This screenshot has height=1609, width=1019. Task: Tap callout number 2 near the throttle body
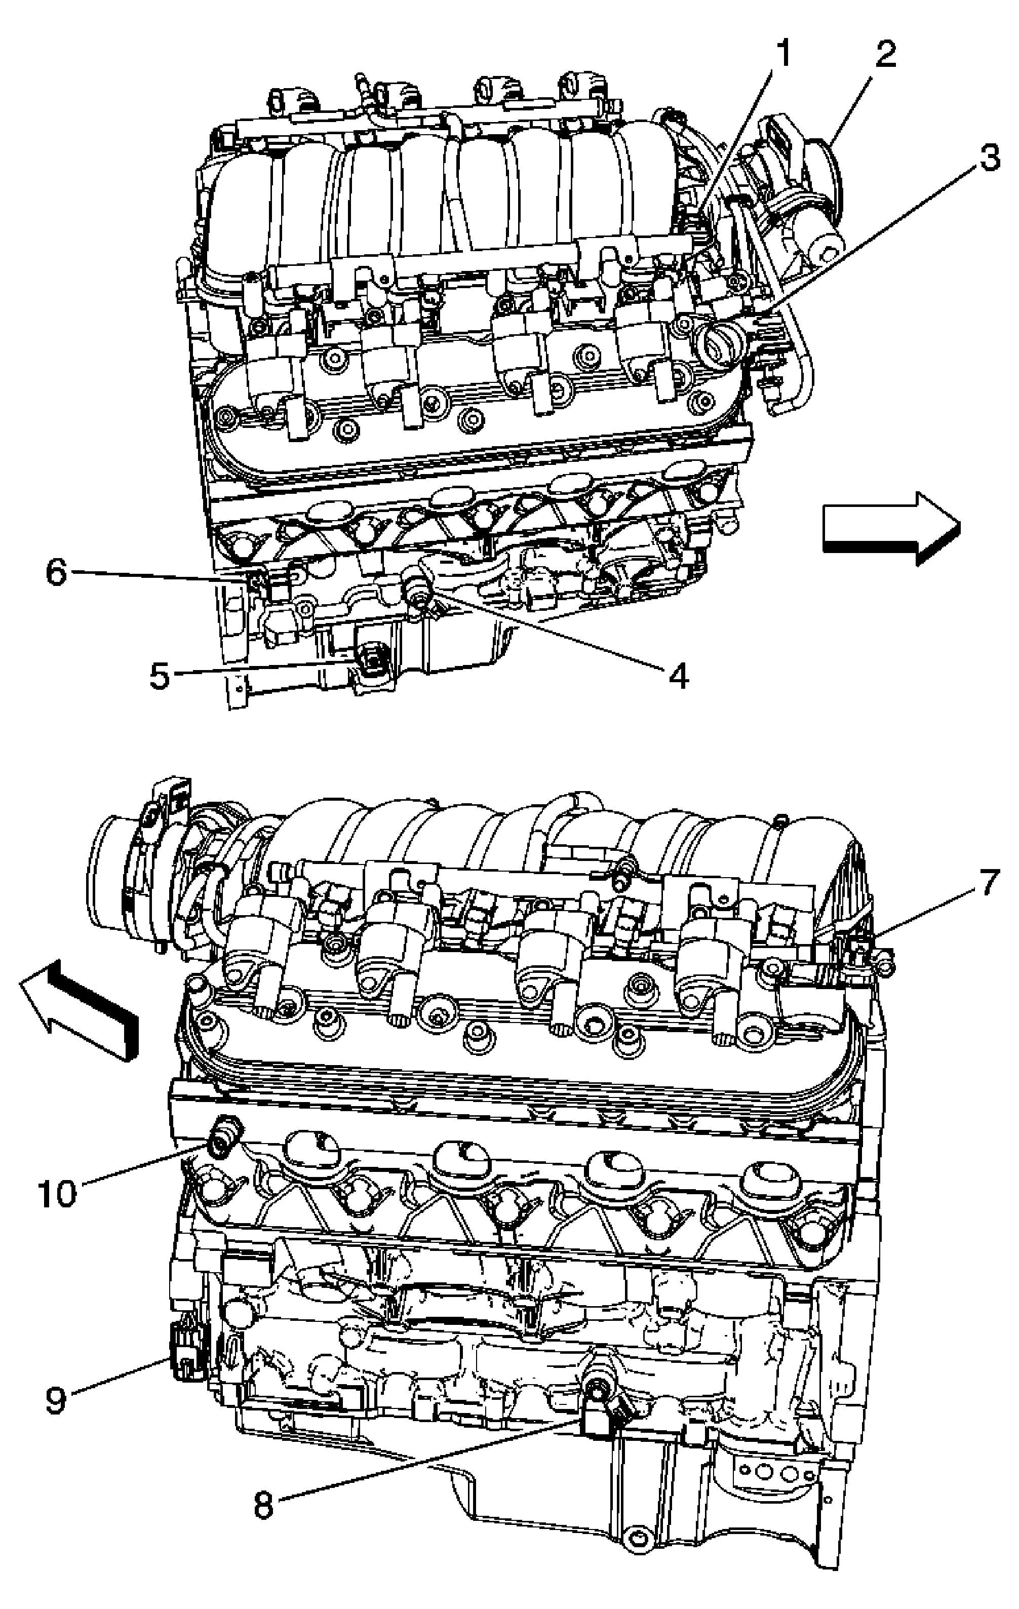[885, 54]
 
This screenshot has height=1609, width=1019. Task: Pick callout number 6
[56, 573]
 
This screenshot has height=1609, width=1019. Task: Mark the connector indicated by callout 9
[186, 1350]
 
